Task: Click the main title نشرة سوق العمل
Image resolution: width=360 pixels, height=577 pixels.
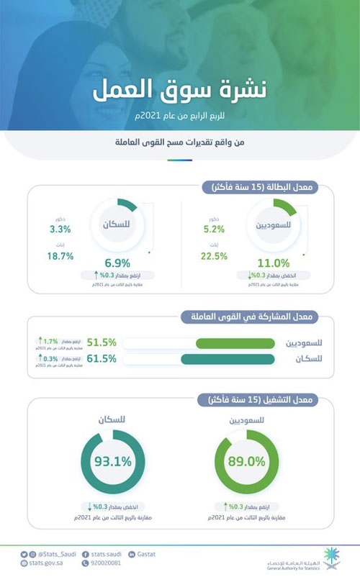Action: (x=179, y=93)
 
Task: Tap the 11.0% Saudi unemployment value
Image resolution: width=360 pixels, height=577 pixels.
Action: (x=273, y=263)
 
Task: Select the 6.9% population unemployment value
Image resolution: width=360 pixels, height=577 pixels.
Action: (x=117, y=263)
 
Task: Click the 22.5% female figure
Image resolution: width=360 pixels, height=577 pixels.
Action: (x=214, y=255)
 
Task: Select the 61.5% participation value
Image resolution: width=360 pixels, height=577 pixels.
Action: (x=102, y=358)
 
